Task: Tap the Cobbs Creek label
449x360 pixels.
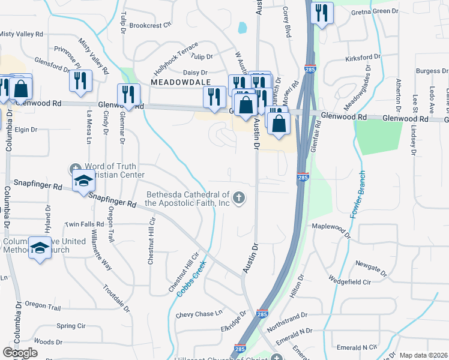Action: tap(191, 278)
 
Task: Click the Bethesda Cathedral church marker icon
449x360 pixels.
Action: tap(240, 198)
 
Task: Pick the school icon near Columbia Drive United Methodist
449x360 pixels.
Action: tap(40, 248)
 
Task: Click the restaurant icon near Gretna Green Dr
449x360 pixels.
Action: tap(322, 12)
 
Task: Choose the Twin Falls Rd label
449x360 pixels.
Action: tap(84, 224)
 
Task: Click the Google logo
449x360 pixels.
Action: tap(20, 353)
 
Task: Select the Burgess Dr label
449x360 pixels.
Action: tap(429, 71)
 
